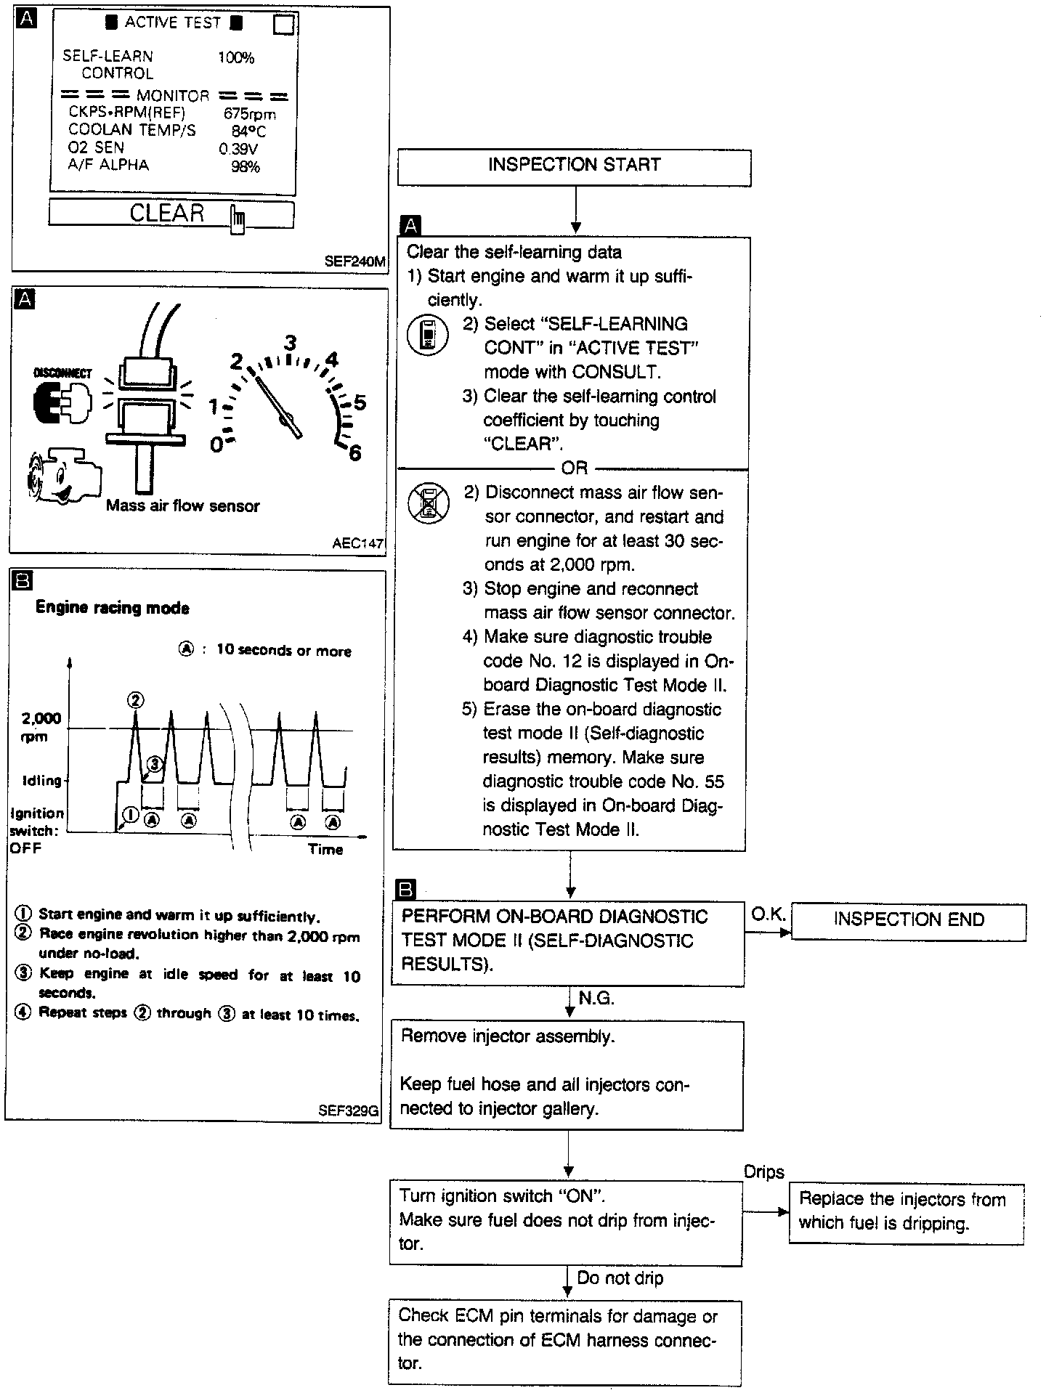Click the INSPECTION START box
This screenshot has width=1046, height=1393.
(574, 166)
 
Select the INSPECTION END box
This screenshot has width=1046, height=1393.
(908, 921)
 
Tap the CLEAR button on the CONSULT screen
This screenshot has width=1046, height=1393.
(171, 214)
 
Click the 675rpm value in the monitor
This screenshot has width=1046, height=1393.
(250, 114)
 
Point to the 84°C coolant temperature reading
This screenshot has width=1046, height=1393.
(248, 131)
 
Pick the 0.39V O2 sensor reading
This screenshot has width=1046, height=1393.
(238, 149)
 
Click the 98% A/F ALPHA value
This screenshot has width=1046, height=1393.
(245, 167)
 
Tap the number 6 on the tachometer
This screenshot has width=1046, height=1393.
(355, 454)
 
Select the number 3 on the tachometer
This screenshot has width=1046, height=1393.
(291, 343)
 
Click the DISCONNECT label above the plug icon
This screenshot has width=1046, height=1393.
(63, 373)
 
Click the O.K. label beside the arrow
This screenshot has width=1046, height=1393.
(768, 915)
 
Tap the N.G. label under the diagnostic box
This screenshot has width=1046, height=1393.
(596, 999)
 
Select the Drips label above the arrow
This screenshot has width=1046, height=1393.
(764, 1172)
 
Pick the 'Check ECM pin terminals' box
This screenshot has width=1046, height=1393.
(564, 1341)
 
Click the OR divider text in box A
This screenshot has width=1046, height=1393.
(574, 468)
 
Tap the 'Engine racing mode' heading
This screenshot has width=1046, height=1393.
(113, 609)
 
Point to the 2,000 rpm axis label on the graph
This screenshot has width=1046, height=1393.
(41, 727)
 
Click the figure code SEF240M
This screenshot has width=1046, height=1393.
(354, 261)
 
